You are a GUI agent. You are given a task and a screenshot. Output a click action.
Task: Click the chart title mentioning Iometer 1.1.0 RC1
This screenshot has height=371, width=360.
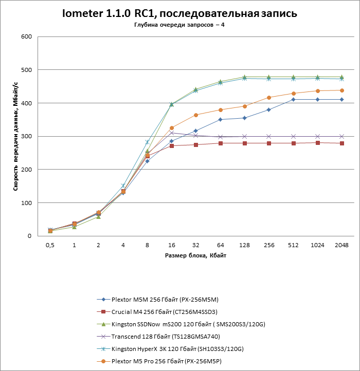(x=179, y=13)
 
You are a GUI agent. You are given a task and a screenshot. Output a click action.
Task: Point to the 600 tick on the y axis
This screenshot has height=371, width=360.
(x=26, y=36)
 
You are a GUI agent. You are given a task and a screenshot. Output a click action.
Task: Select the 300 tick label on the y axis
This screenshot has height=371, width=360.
(x=26, y=136)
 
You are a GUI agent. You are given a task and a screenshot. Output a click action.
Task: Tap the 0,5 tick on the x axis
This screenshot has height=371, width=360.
(x=50, y=246)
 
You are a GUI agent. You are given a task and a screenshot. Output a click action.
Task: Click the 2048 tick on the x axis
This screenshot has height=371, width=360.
(x=341, y=246)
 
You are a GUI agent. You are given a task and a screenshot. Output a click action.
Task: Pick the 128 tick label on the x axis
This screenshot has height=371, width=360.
(x=244, y=246)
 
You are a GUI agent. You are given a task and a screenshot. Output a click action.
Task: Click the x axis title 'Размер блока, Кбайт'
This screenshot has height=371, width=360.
(x=196, y=255)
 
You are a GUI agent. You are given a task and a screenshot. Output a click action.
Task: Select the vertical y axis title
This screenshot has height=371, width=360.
(x=16, y=136)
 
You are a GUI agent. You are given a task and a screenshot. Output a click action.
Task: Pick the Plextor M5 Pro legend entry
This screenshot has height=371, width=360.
(x=170, y=361)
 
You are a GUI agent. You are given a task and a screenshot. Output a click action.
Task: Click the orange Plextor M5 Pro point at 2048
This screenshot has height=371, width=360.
(x=341, y=90)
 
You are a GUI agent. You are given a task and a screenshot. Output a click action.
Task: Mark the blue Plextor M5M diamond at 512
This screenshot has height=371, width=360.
(x=293, y=100)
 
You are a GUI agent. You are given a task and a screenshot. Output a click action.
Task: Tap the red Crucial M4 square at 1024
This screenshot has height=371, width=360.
(x=317, y=143)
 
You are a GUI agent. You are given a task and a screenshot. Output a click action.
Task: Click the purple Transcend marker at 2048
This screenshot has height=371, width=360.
(x=341, y=137)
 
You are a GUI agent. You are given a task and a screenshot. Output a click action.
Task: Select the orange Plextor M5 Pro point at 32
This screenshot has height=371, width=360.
(x=196, y=115)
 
